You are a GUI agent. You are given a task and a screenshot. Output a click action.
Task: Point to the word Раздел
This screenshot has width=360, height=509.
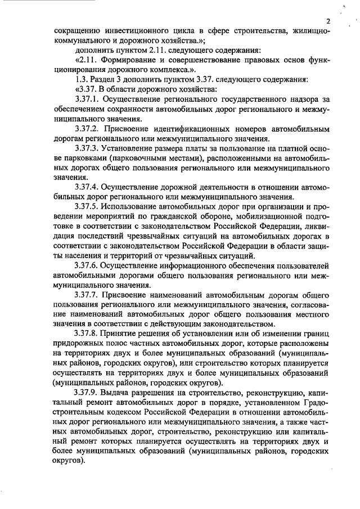103,79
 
